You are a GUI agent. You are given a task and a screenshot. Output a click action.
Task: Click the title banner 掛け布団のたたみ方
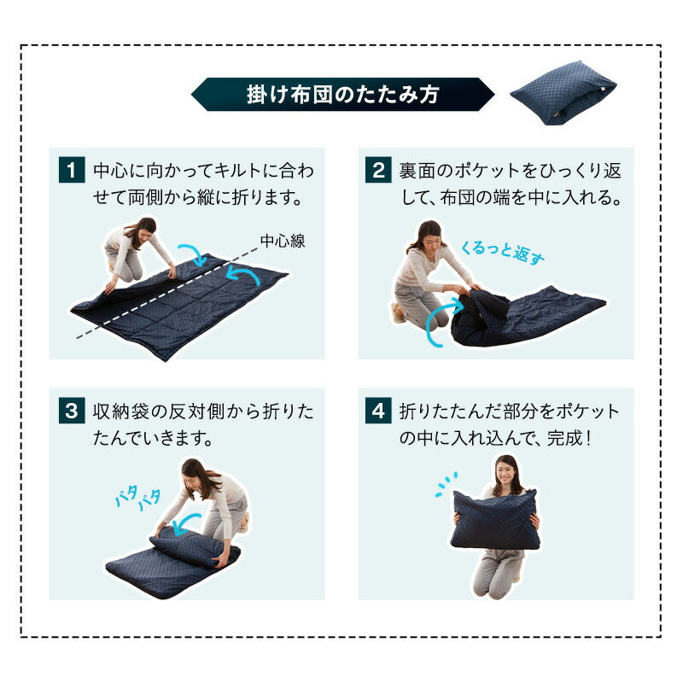[341, 94]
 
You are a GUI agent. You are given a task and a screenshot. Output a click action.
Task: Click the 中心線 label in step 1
[283, 241]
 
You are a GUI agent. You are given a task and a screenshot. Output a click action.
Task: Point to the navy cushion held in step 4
[497, 519]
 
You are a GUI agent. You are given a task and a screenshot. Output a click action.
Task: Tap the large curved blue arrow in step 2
[437, 324]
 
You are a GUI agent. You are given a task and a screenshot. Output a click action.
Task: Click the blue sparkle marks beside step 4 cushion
[445, 485]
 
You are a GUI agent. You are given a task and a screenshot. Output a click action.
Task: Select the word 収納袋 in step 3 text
[118, 412]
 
